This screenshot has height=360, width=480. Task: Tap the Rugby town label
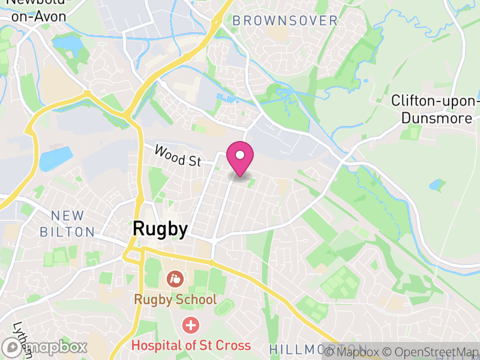160,229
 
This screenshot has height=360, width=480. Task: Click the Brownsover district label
285,21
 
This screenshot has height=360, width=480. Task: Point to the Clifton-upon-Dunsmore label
436,109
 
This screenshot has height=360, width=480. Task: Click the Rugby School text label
175,299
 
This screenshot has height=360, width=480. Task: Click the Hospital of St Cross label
191,346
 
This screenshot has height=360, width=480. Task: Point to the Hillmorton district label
318,349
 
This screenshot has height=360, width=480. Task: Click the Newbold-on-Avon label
36,10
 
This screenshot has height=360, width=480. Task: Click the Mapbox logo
45,347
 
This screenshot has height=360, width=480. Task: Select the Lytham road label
22,340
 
